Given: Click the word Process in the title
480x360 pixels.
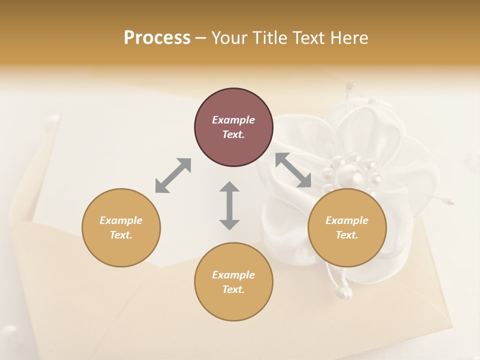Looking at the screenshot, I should [x=157, y=38].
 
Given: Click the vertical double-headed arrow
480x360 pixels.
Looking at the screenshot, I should [x=229, y=205].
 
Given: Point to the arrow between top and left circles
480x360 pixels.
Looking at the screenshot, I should [x=173, y=175].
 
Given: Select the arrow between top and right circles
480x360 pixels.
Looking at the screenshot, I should [x=293, y=170].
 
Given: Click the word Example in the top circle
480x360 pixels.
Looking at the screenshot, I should [x=233, y=120].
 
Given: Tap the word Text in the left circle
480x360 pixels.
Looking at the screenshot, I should [x=121, y=235].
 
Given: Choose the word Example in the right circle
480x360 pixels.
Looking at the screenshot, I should [x=347, y=220].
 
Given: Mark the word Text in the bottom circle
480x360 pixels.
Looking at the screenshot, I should [x=233, y=289].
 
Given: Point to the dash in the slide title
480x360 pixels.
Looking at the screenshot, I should [x=200, y=38].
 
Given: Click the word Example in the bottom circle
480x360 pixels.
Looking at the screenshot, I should [x=233, y=275].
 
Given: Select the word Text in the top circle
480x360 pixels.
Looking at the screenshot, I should [x=233, y=134].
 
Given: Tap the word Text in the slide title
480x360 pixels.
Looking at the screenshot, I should [x=309, y=38].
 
